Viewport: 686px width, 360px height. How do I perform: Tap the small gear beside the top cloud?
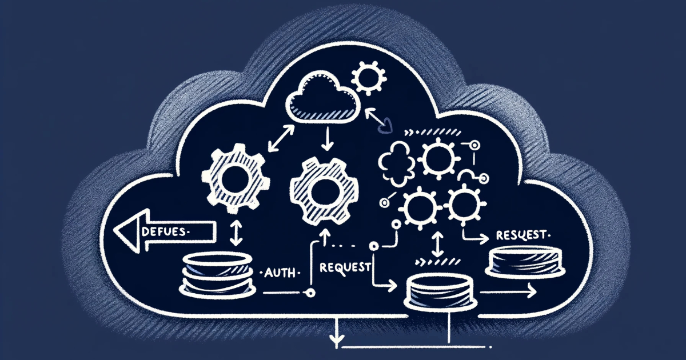(364, 78)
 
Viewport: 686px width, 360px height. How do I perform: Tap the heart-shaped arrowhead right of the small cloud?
(388, 123)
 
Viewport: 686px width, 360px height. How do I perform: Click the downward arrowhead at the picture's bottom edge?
(333, 343)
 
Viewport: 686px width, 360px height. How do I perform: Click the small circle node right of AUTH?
(310, 293)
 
